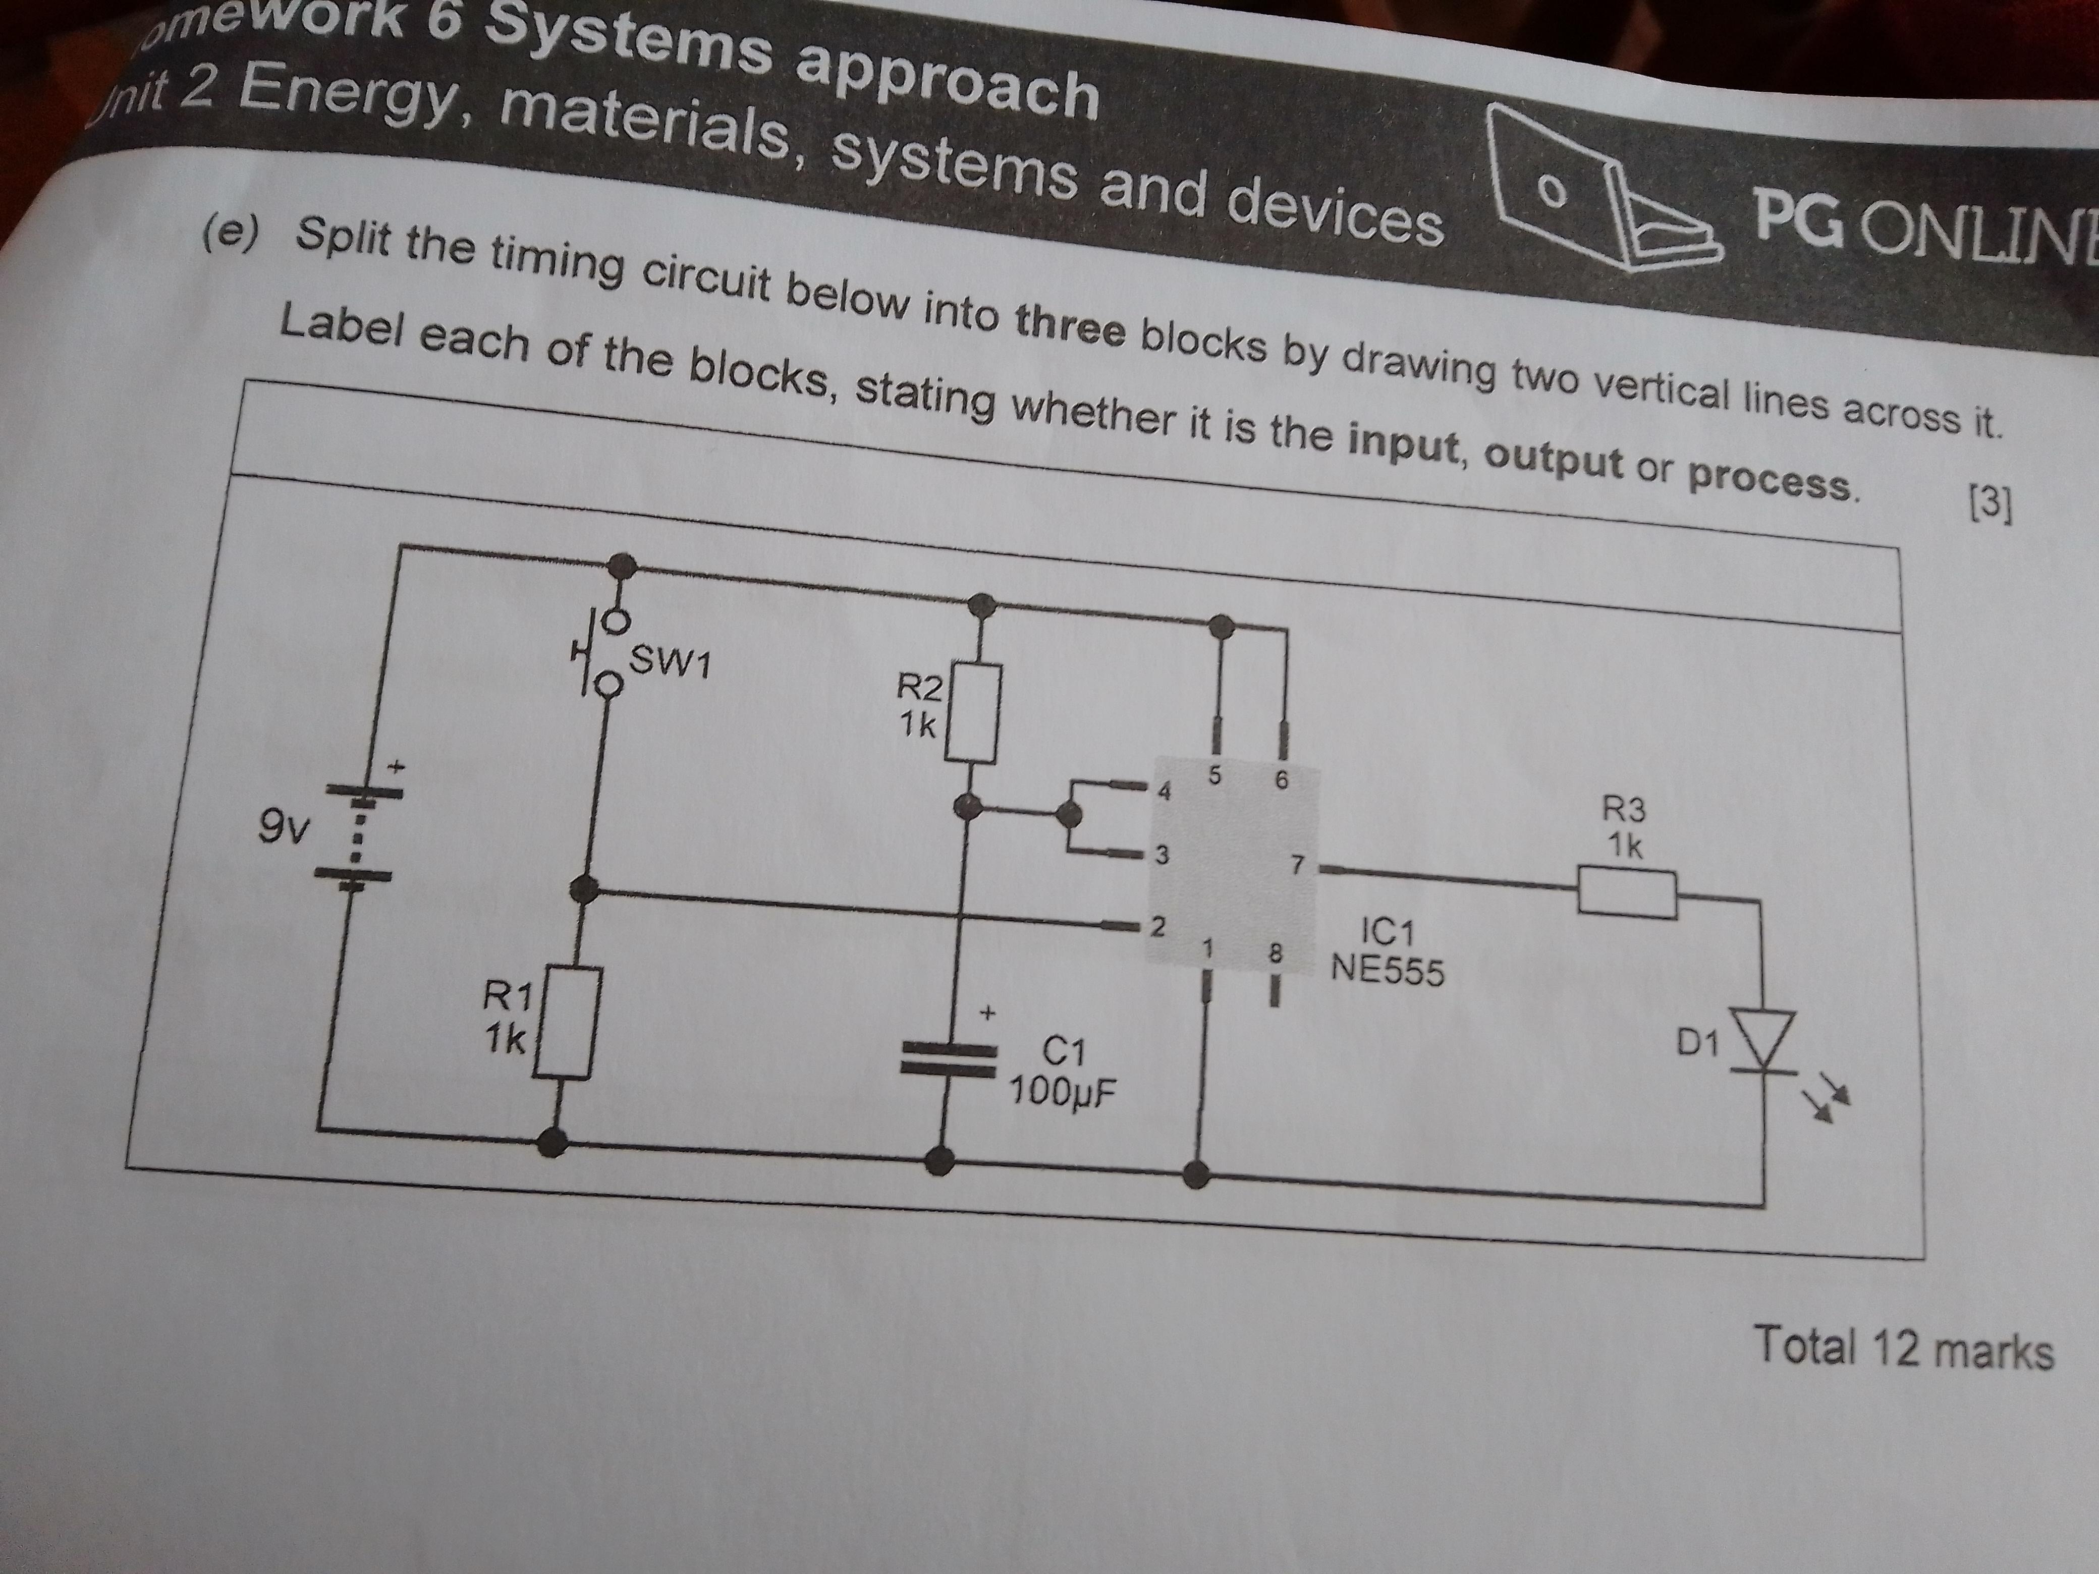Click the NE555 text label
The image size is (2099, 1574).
coord(1388,970)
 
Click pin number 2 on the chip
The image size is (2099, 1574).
coord(1156,927)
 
